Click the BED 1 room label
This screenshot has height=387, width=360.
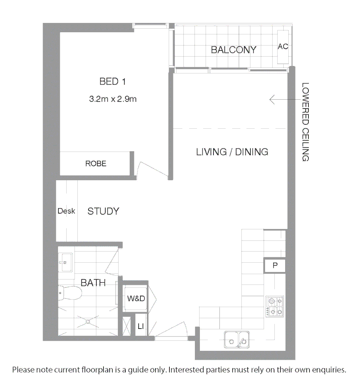(112, 82)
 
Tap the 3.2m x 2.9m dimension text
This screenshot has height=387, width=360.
(112, 99)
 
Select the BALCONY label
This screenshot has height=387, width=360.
(234, 50)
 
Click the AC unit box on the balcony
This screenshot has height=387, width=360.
(283, 47)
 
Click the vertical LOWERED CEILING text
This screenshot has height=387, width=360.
(305, 122)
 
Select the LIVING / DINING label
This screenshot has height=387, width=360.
(232, 152)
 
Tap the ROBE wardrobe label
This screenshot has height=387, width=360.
(96, 164)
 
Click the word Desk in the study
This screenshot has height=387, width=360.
(66, 211)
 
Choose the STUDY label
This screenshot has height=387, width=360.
(103, 211)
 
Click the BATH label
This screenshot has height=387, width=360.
(93, 283)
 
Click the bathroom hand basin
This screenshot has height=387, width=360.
(66, 262)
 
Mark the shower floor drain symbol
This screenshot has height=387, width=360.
(88, 321)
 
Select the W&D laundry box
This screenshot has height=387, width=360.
(136, 298)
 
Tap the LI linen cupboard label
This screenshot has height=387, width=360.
(141, 326)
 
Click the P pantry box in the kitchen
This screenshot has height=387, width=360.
(275, 266)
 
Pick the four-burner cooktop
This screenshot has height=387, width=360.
(275, 307)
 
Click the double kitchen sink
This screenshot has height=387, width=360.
(237, 339)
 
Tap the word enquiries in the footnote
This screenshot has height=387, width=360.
(328, 370)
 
